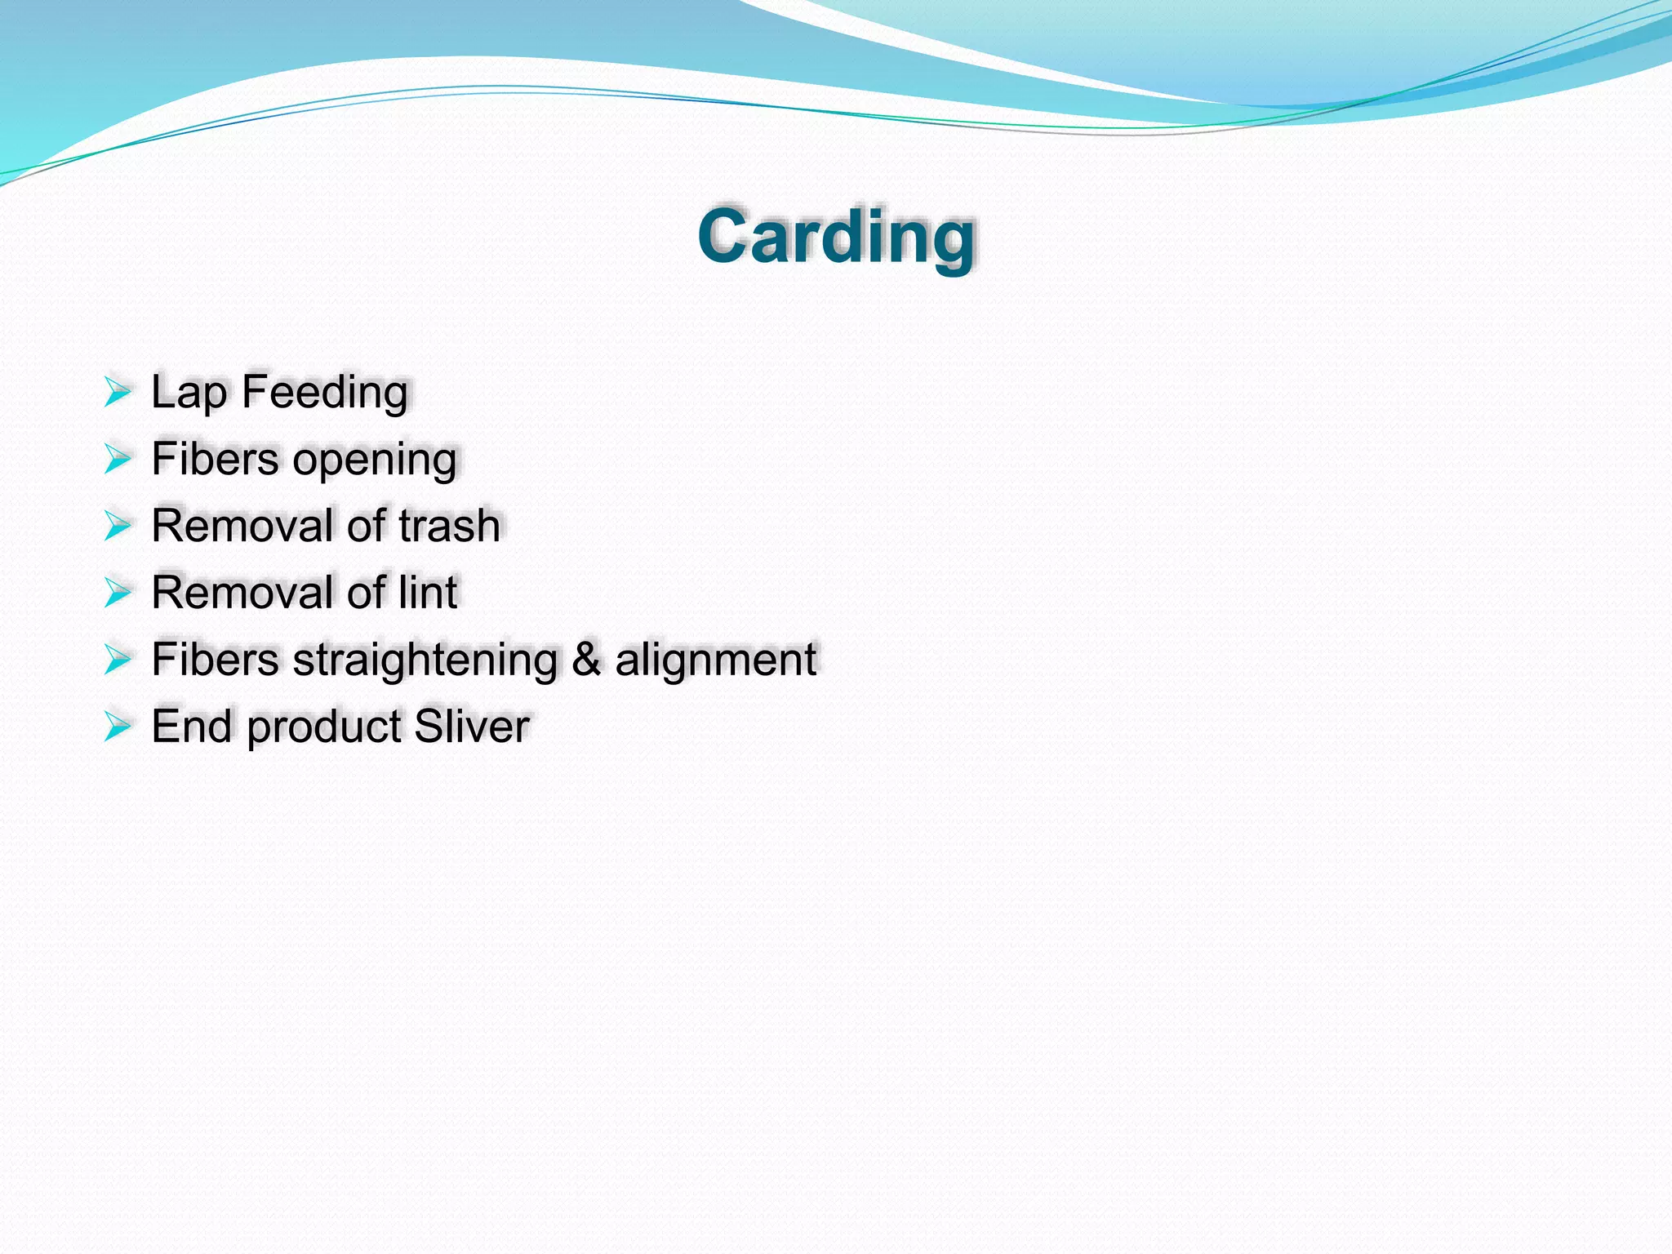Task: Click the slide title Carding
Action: tap(836, 237)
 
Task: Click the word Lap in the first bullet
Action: tap(189, 393)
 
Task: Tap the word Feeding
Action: tap(325, 393)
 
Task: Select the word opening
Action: tap(375, 460)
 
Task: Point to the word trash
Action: tap(450, 526)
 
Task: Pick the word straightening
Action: tap(425, 660)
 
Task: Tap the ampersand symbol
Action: tap(586, 660)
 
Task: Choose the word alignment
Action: tap(715, 660)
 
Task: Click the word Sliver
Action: tap(472, 727)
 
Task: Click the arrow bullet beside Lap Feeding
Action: tap(118, 393)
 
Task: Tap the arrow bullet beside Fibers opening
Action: tap(118, 460)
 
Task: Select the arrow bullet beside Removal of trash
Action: tap(118, 527)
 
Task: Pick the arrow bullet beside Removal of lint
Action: tap(118, 593)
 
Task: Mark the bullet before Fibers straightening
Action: tap(118, 660)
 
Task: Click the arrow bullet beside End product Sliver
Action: tap(118, 727)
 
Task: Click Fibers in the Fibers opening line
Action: tap(215, 459)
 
